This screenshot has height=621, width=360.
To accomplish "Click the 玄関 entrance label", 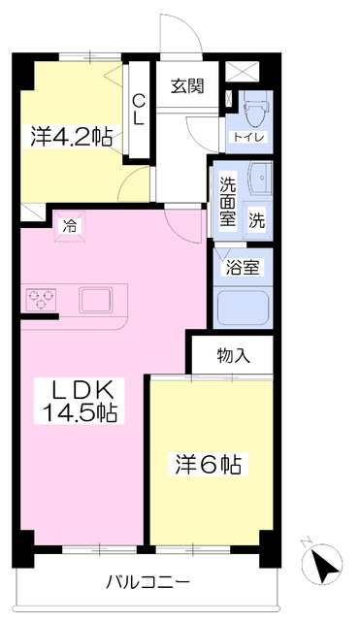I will coord(187,85).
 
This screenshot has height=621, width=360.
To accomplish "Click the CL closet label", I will coord(140,107).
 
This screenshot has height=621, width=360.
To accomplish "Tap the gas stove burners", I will coord(41,299).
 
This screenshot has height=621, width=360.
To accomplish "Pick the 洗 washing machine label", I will coord(256,219).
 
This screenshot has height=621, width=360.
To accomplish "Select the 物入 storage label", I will coord(233,355).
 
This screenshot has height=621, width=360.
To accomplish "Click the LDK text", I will coord(82,391).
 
